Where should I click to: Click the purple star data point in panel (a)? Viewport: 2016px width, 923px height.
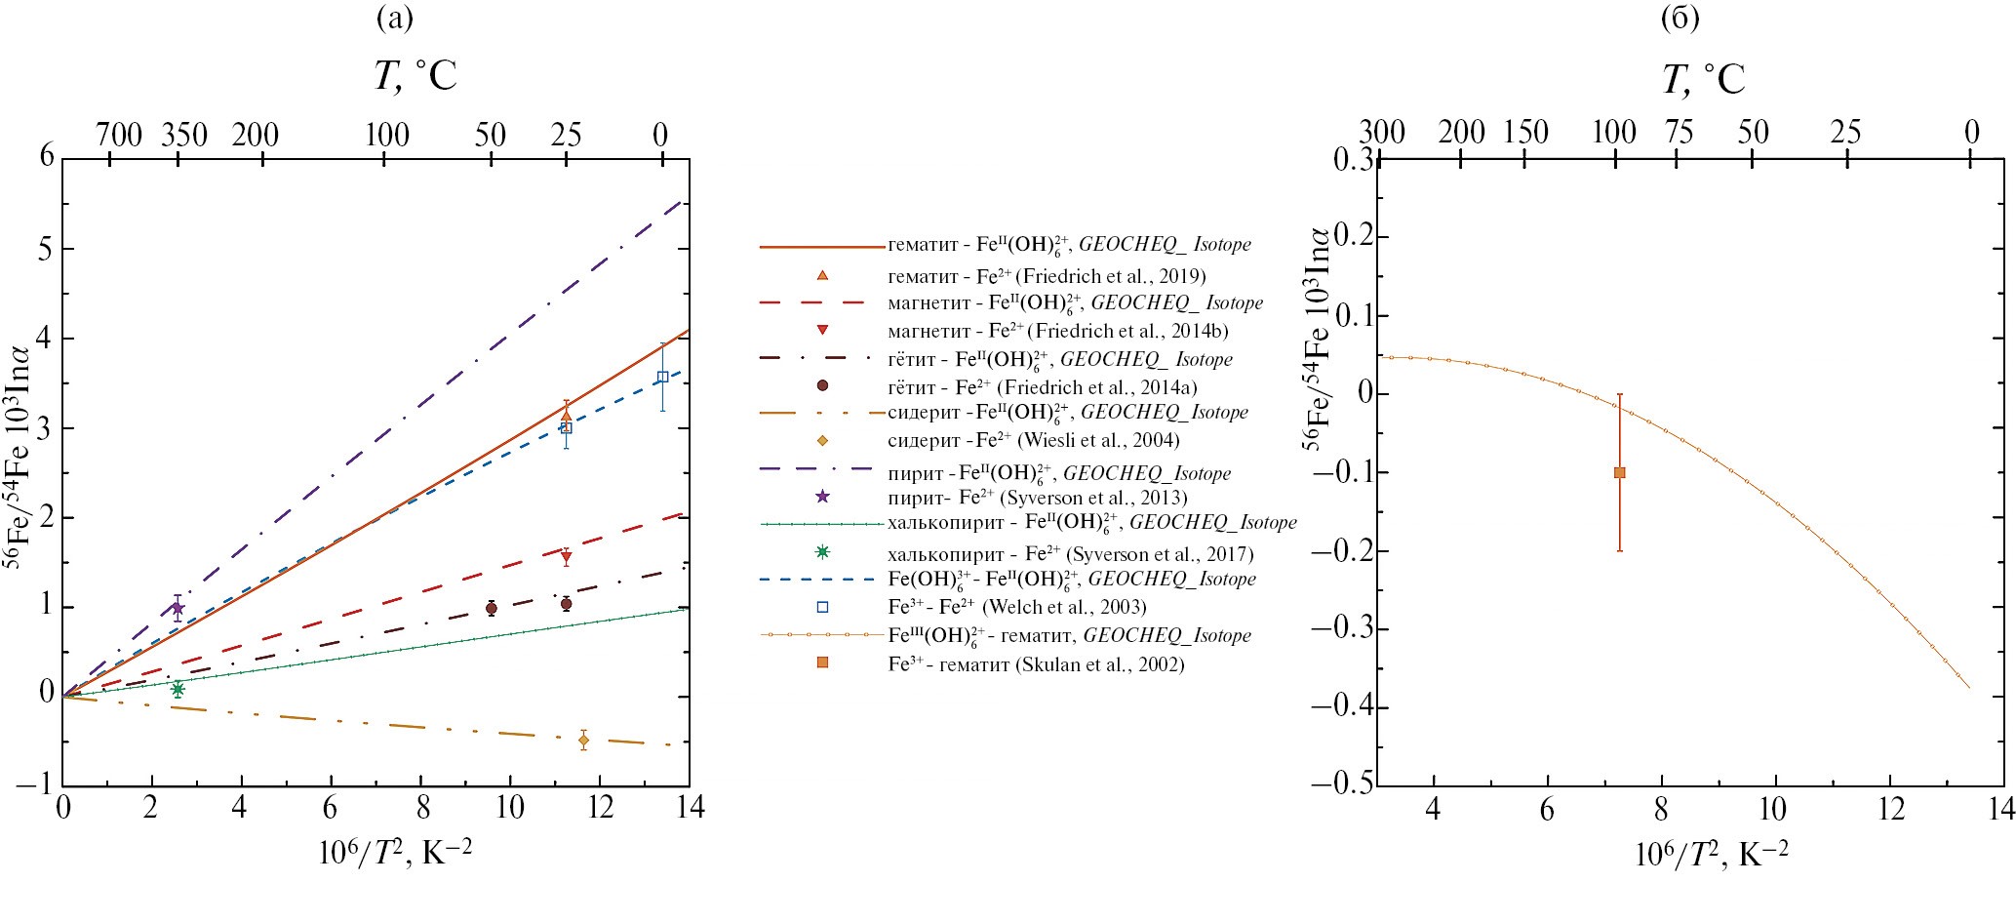tap(178, 608)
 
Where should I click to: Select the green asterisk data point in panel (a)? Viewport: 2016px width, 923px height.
tap(178, 689)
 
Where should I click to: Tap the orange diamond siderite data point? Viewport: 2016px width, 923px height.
tap(583, 740)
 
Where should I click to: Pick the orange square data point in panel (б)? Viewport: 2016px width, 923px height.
tap(1619, 472)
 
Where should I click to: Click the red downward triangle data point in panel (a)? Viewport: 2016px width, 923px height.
tap(566, 558)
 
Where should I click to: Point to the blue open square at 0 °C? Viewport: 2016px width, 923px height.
tap(662, 377)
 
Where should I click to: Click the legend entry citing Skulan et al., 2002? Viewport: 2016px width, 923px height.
tap(1036, 664)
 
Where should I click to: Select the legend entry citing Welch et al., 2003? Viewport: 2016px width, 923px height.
tap(1016, 607)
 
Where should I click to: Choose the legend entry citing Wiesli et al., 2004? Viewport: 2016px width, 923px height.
tap(1033, 440)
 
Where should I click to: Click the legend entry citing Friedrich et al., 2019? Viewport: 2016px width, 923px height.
tap(1047, 276)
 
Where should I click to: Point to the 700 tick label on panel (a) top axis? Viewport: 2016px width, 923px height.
tap(119, 135)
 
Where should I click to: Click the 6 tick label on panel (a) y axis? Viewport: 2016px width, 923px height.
tap(46, 157)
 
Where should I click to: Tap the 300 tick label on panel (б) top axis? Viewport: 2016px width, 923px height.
tap(1381, 132)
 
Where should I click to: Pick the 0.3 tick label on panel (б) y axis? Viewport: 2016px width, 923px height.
tap(1350, 159)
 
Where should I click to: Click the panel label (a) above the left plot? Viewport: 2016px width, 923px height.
tap(395, 20)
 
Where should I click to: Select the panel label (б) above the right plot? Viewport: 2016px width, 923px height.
tap(1680, 20)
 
